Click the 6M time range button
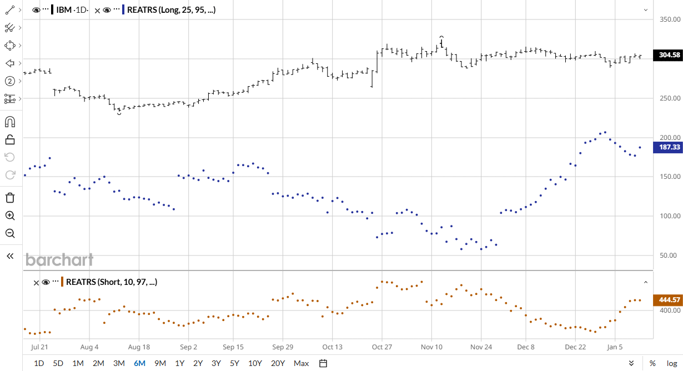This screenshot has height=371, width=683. (139, 363)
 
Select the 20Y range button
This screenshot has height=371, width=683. (277, 363)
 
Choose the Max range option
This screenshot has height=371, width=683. (301, 363)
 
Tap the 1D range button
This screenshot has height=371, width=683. (39, 363)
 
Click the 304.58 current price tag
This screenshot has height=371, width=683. (669, 55)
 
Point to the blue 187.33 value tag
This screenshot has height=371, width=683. (669, 147)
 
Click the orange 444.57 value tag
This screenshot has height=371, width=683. (669, 300)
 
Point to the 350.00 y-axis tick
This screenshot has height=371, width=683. (669, 19)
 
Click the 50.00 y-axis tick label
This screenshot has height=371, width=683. (669, 255)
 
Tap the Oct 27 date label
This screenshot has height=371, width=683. (381, 347)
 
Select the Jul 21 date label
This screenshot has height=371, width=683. (39, 347)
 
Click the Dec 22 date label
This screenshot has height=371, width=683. (575, 347)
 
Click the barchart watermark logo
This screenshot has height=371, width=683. (59, 260)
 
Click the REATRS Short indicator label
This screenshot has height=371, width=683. (111, 282)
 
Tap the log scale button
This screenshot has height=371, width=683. (671, 363)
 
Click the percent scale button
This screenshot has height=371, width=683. (652, 363)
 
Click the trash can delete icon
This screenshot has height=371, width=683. (9, 198)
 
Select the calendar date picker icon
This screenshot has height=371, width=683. (323, 363)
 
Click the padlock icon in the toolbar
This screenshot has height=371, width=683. (9, 139)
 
